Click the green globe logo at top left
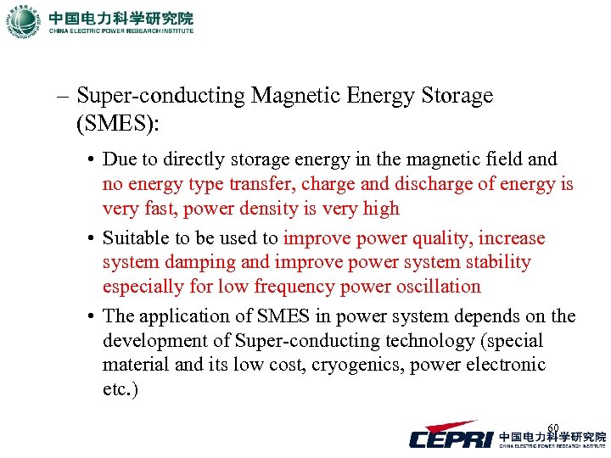[x=23, y=21]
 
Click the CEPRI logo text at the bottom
[x=451, y=438]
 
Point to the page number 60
[x=553, y=427]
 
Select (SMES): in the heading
[x=117, y=124]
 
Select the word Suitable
[x=135, y=238]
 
